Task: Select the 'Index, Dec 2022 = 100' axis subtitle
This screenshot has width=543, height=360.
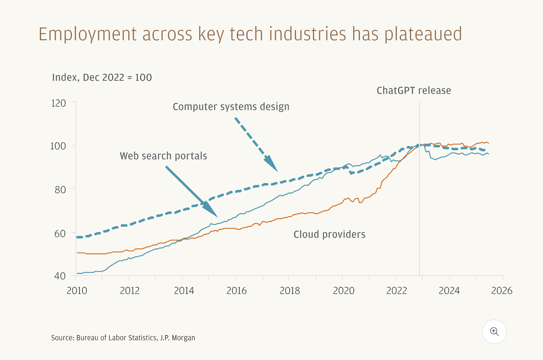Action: (x=102, y=77)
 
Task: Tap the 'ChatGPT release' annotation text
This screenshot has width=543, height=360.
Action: (x=414, y=91)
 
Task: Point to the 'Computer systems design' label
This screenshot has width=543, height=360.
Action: (x=231, y=107)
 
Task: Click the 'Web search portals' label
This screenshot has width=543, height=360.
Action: (x=163, y=156)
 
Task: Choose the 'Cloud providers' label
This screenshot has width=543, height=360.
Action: (x=329, y=234)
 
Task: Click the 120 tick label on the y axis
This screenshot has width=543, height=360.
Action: (x=58, y=103)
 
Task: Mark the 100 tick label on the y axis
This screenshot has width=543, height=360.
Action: (x=58, y=146)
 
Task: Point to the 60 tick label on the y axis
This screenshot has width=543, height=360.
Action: (x=60, y=234)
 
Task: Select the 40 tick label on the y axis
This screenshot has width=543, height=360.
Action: (x=60, y=276)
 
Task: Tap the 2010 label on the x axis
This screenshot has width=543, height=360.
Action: (x=77, y=291)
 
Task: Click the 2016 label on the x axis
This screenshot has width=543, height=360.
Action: (x=236, y=291)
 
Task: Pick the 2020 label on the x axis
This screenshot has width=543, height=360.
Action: (x=343, y=291)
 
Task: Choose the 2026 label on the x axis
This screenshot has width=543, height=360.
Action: (x=502, y=291)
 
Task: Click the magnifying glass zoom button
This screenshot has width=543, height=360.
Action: (x=494, y=332)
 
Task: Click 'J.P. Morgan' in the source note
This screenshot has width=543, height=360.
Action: (x=178, y=338)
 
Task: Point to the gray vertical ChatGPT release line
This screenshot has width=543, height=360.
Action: (x=419, y=200)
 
